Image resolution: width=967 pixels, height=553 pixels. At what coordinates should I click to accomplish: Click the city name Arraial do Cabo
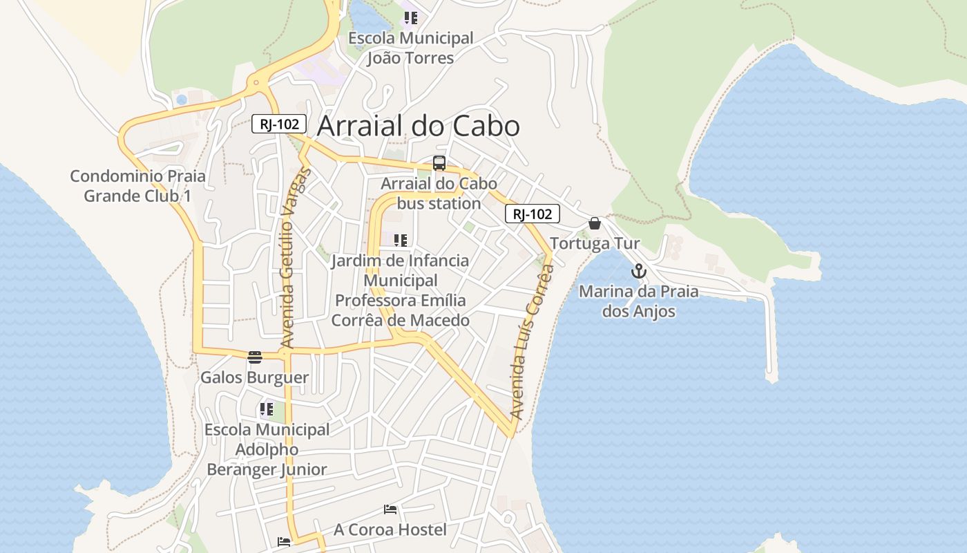(x=418, y=126)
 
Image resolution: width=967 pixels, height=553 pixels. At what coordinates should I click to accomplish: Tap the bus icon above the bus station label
(x=439, y=164)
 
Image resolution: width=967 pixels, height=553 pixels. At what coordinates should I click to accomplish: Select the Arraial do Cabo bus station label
(x=439, y=194)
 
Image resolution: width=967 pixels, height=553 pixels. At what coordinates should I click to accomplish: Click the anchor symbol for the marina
(x=638, y=271)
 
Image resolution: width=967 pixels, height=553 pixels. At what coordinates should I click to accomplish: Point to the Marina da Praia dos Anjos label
(x=638, y=301)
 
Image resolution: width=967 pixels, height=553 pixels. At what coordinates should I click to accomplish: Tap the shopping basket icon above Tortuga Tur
(x=595, y=223)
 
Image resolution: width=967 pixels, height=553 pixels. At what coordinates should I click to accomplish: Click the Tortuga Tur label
(x=595, y=244)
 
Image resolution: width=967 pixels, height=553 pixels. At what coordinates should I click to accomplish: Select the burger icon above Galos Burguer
(x=255, y=357)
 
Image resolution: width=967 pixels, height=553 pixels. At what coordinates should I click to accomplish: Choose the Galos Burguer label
(x=254, y=378)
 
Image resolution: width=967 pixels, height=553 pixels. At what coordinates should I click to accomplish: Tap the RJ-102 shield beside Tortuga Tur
(x=533, y=214)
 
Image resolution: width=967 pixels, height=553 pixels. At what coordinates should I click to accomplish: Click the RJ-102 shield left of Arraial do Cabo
(x=279, y=124)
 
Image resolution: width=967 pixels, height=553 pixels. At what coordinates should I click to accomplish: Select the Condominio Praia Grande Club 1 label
(x=137, y=186)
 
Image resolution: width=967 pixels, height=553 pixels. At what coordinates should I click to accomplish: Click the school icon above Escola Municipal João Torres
(x=411, y=18)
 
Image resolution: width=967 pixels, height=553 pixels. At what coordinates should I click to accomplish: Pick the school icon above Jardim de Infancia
(x=401, y=241)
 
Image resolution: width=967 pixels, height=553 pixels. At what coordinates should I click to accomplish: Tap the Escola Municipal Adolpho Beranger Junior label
(x=267, y=449)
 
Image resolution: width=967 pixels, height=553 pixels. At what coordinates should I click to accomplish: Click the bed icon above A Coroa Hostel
(x=390, y=510)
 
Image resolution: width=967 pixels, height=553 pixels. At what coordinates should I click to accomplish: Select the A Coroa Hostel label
(x=390, y=530)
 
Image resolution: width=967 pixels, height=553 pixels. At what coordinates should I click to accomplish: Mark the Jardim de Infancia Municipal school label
(x=401, y=290)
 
